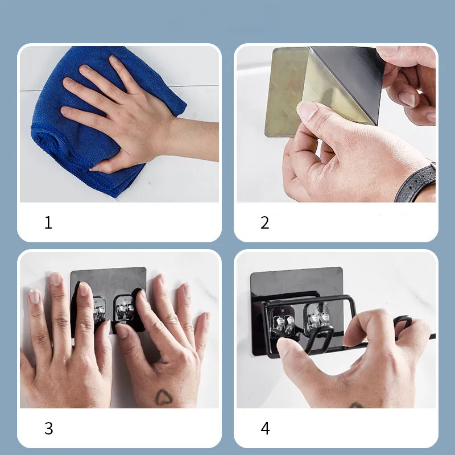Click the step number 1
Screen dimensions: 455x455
(x=48, y=222)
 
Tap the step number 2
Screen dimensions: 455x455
(x=264, y=222)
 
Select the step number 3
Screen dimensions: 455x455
(x=49, y=428)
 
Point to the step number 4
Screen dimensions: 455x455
(x=265, y=428)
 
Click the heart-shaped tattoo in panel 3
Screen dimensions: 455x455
(x=164, y=397)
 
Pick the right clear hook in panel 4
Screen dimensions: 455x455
(x=317, y=316)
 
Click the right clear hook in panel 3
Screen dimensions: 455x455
(x=124, y=308)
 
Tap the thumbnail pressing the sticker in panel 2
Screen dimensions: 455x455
(x=307, y=110)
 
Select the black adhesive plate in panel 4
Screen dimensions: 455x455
(x=296, y=311)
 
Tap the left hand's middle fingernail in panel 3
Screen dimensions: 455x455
(x=55, y=279)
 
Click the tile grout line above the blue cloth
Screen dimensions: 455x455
(x=119, y=88)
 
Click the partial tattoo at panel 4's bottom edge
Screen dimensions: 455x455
(x=357, y=406)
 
